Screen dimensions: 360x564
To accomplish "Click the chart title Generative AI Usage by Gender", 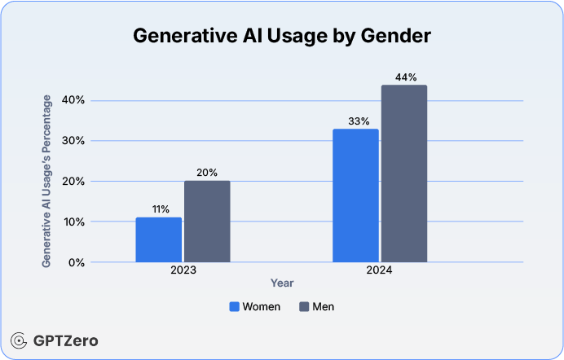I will click(282, 36).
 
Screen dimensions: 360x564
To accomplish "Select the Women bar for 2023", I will click(158, 239).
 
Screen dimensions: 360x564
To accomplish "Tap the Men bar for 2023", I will click(207, 222).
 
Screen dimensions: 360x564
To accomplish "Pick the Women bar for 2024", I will click(355, 195).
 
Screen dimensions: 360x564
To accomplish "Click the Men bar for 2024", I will click(404, 173).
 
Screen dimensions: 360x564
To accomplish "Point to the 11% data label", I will click(158, 209).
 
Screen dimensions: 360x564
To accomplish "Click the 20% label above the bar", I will click(207, 173).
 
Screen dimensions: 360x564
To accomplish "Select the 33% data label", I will click(355, 121).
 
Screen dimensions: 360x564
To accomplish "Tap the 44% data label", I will click(404, 77).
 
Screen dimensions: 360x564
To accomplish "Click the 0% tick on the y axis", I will click(75, 262).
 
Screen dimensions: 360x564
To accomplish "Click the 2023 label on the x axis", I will click(183, 270).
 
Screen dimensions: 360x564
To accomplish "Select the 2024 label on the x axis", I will click(380, 270).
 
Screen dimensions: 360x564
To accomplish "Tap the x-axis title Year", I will click(282, 283).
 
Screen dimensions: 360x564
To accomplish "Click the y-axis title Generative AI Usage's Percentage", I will click(47, 181).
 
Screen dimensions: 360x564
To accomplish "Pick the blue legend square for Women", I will click(235, 307).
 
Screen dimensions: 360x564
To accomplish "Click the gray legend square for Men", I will click(305, 307).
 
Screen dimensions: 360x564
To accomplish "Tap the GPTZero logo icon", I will click(19, 340).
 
